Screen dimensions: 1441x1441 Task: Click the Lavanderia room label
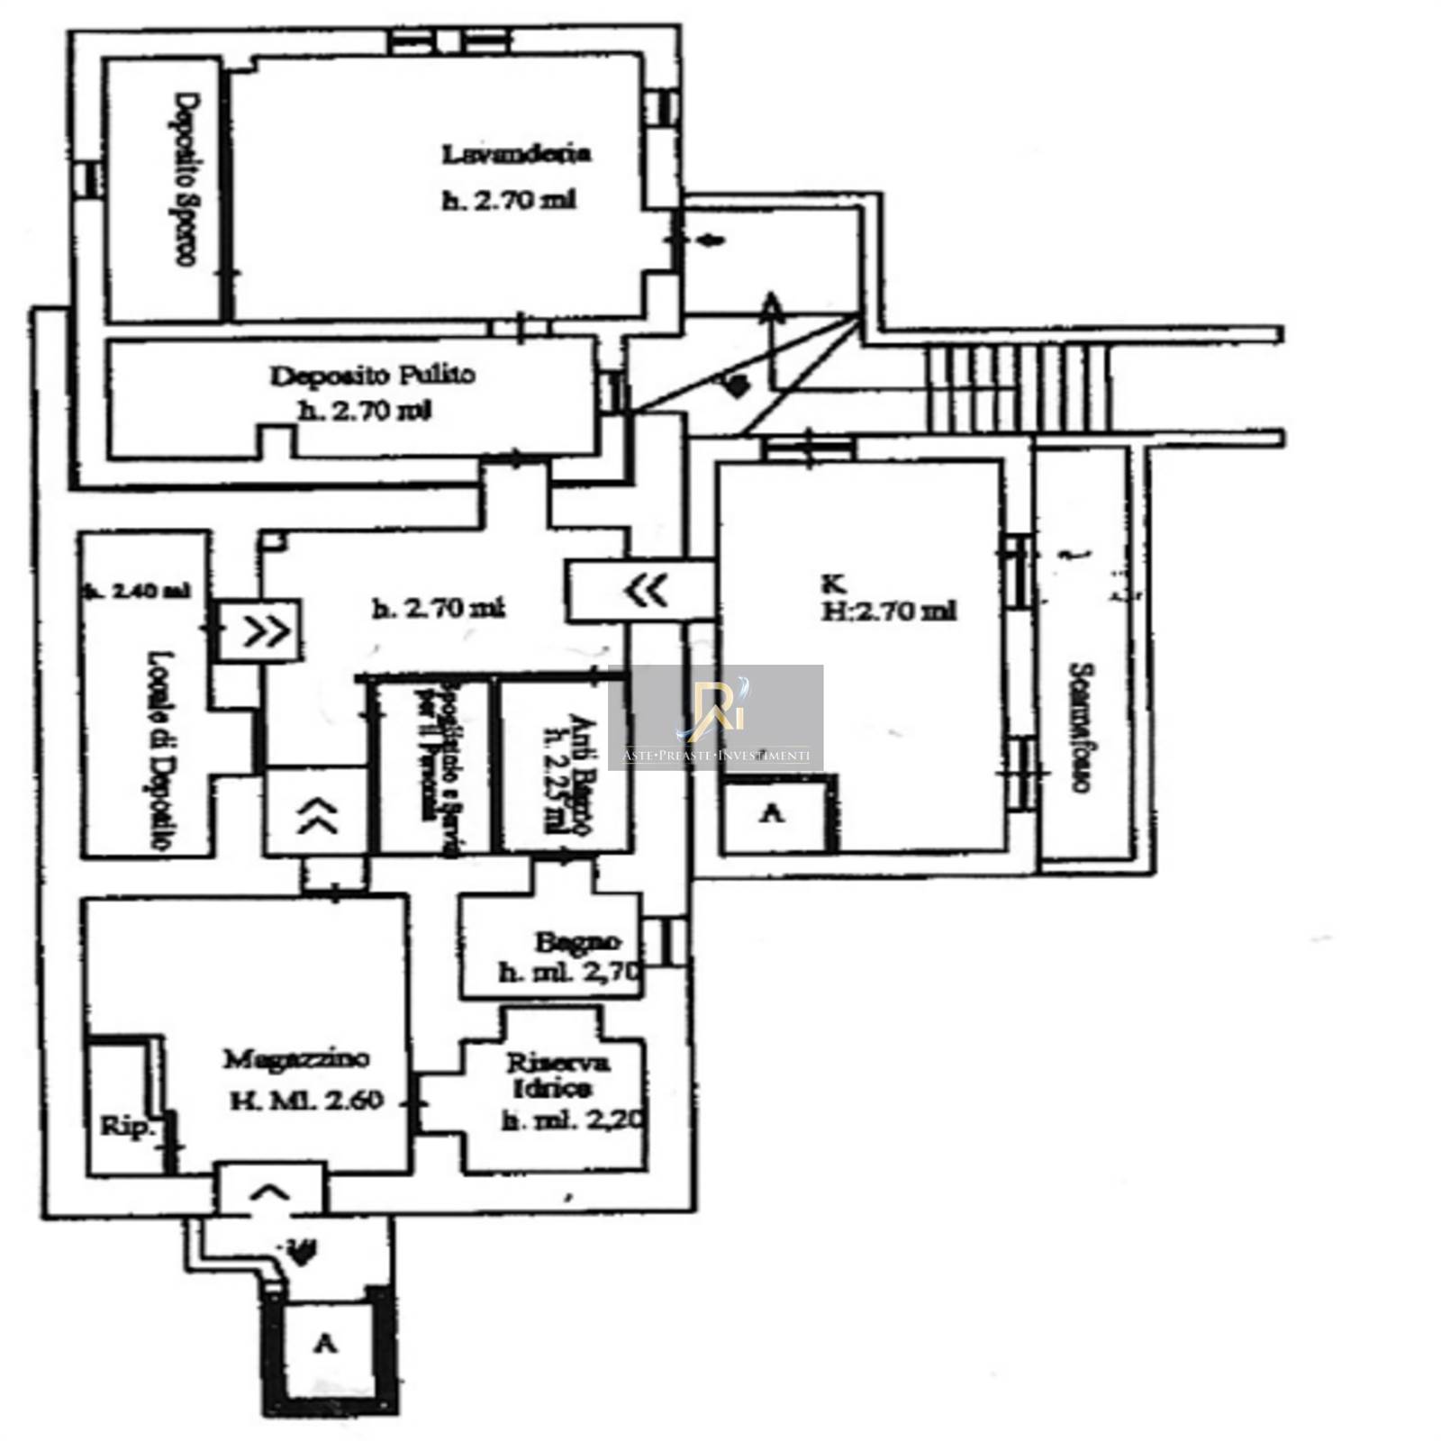(x=515, y=154)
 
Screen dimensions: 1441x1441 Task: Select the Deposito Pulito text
(x=372, y=375)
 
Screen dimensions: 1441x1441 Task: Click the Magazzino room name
(x=295, y=1058)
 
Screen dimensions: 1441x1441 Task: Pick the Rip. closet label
(x=127, y=1126)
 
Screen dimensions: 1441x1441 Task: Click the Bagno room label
(x=576, y=942)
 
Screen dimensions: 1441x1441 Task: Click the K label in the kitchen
(x=833, y=585)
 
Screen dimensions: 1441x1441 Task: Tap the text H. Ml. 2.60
(x=306, y=1101)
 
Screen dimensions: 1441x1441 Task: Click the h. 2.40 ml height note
(x=136, y=592)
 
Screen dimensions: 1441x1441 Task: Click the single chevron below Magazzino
(x=269, y=1193)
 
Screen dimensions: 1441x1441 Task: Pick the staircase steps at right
(x=1018, y=388)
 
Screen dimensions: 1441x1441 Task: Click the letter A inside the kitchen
(x=772, y=814)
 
